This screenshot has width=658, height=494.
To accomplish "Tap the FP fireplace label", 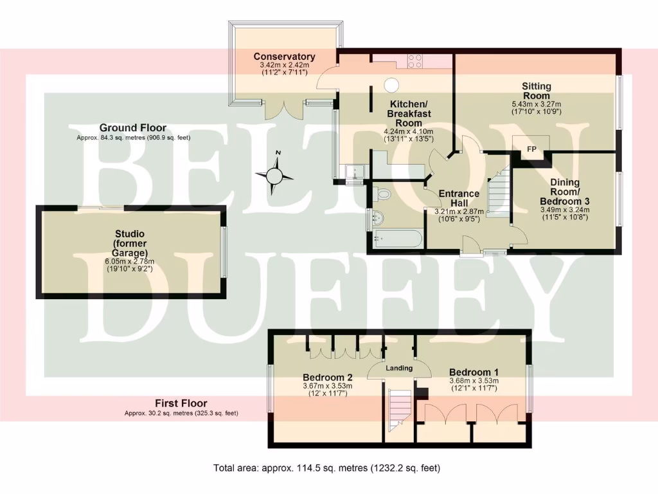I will (531, 149).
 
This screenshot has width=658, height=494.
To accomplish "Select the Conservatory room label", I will (284, 57).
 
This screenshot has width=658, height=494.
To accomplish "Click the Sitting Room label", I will (536, 91).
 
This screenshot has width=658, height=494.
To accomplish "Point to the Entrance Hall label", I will (458, 198).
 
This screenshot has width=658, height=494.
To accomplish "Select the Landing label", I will (398, 369).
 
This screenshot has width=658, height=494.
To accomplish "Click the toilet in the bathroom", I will (384, 193).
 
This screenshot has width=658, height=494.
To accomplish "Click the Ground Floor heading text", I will (132, 128).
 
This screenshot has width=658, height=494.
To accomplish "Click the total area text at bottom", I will (326, 468).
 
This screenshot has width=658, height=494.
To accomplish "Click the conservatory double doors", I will (283, 109).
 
